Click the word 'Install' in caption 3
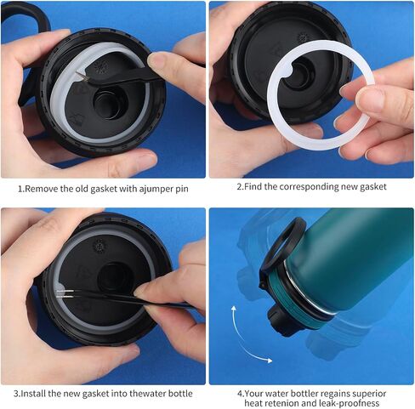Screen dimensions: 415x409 click(34, 394)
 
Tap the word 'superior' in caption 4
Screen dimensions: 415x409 click(369, 394)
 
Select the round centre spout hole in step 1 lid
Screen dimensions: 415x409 click(109, 104)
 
